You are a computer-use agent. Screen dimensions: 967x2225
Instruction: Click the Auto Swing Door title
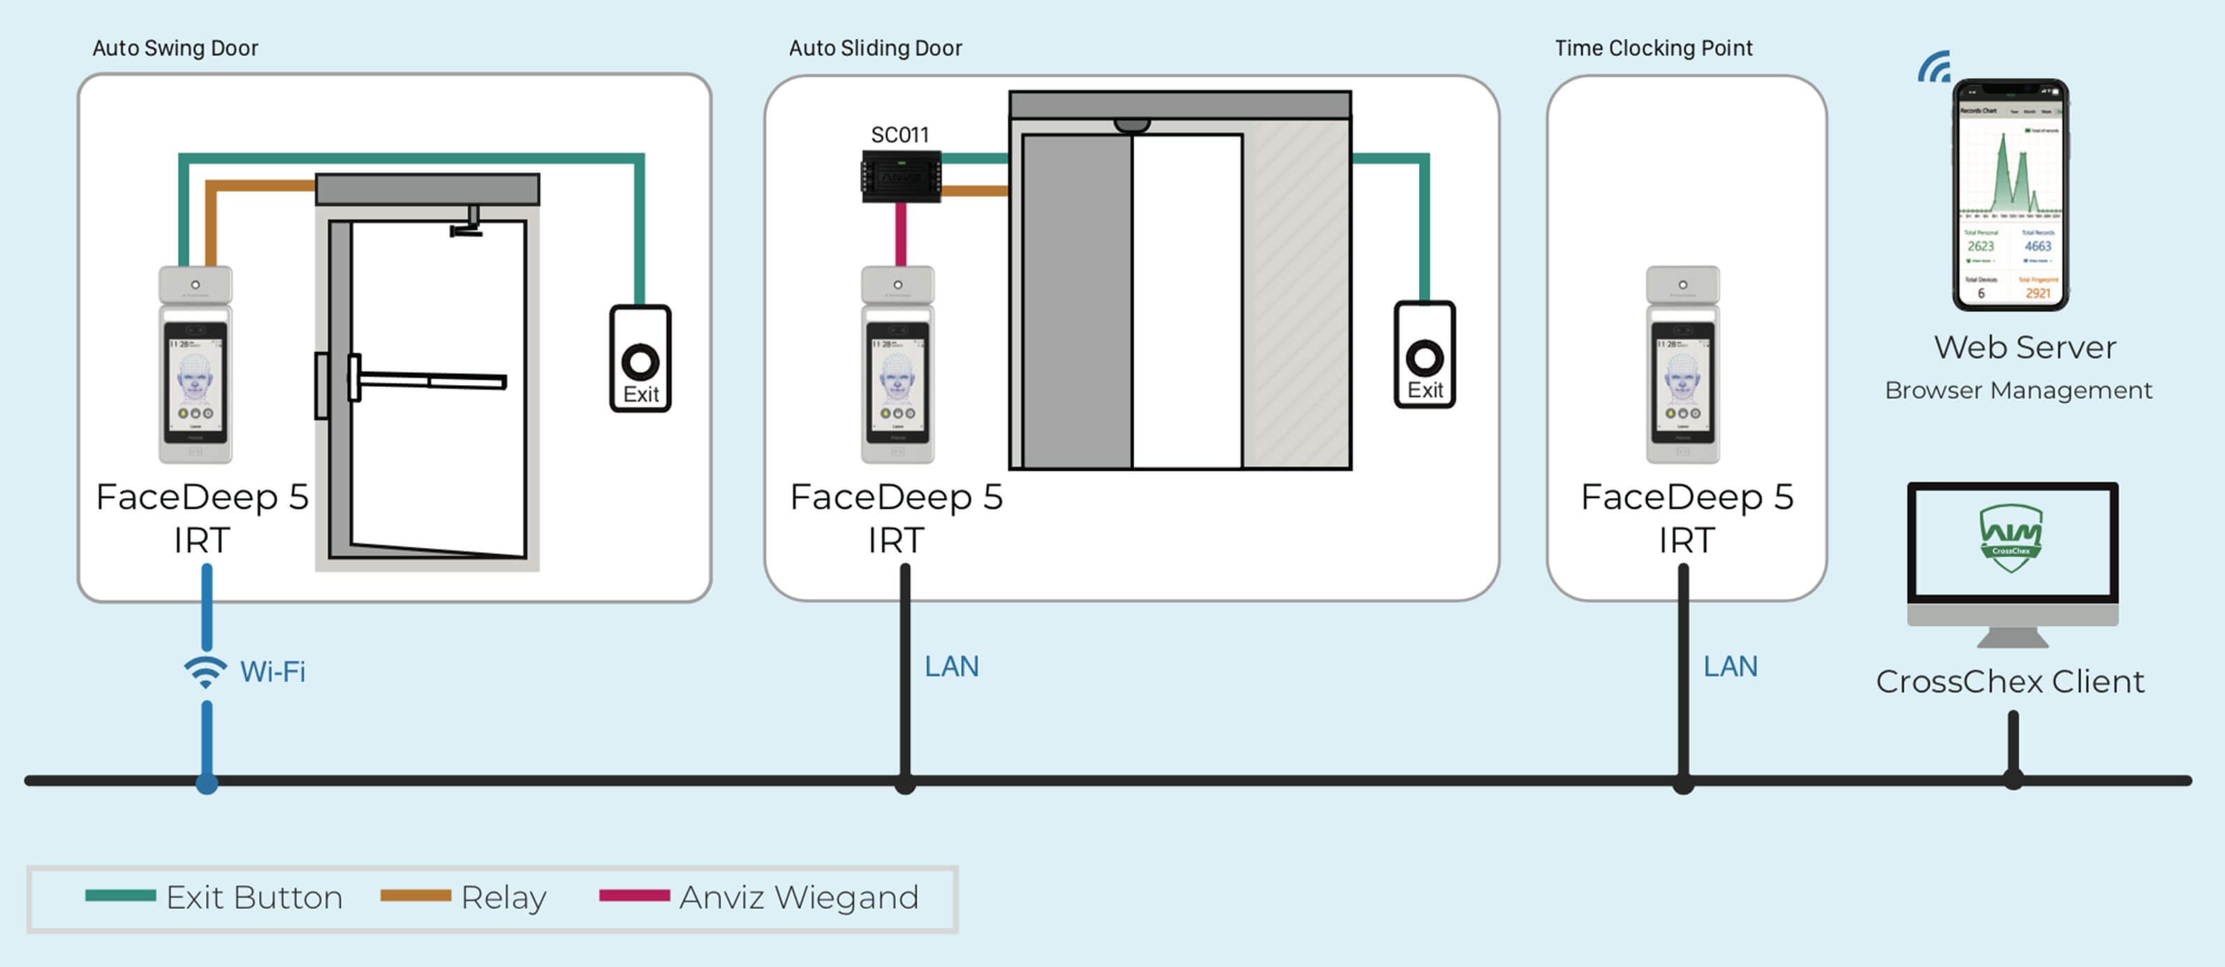(x=175, y=48)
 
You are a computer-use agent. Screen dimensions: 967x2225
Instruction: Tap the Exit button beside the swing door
(x=640, y=360)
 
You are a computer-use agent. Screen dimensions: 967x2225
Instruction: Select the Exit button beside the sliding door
(x=1424, y=355)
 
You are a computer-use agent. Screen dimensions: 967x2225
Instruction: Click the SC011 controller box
(x=901, y=177)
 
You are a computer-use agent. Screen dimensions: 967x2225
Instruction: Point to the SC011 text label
(x=899, y=135)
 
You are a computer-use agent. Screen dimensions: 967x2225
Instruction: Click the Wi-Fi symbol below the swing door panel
(x=205, y=671)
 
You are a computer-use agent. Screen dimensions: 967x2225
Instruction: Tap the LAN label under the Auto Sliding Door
(x=951, y=667)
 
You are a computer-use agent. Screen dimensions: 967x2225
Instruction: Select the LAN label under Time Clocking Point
(x=1730, y=667)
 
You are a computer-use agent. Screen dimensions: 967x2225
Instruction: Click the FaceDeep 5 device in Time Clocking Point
(x=1682, y=365)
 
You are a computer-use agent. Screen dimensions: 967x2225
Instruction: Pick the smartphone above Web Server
(x=2010, y=194)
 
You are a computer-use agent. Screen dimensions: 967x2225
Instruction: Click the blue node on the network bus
(x=207, y=783)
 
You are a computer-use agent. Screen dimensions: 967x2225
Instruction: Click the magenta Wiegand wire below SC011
(x=901, y=233)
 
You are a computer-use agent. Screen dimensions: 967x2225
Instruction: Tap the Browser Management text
(x=2018, y=391)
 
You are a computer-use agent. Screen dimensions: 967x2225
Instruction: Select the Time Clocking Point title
(x=1653, y=48)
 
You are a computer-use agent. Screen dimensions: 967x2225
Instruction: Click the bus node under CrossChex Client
(x=2013, y=780)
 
